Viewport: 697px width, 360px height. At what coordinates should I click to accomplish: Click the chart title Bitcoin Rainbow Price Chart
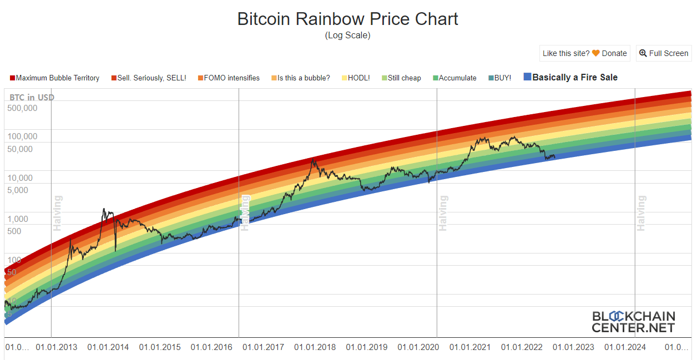[x=347, y=19]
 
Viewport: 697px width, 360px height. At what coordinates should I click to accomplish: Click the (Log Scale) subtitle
[x=347, y=36]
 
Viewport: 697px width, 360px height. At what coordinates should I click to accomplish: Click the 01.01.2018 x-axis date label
[x=315, y=347]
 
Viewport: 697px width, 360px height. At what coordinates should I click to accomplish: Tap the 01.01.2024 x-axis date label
[x=625, y=347]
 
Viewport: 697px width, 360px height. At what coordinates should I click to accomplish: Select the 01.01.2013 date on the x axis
[x=57, y=347]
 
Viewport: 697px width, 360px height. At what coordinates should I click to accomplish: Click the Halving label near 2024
[x=642, y=213]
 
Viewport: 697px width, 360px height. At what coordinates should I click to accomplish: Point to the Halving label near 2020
[x=443, y=213]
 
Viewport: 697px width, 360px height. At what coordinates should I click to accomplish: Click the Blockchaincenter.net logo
[x=633, y=322]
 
